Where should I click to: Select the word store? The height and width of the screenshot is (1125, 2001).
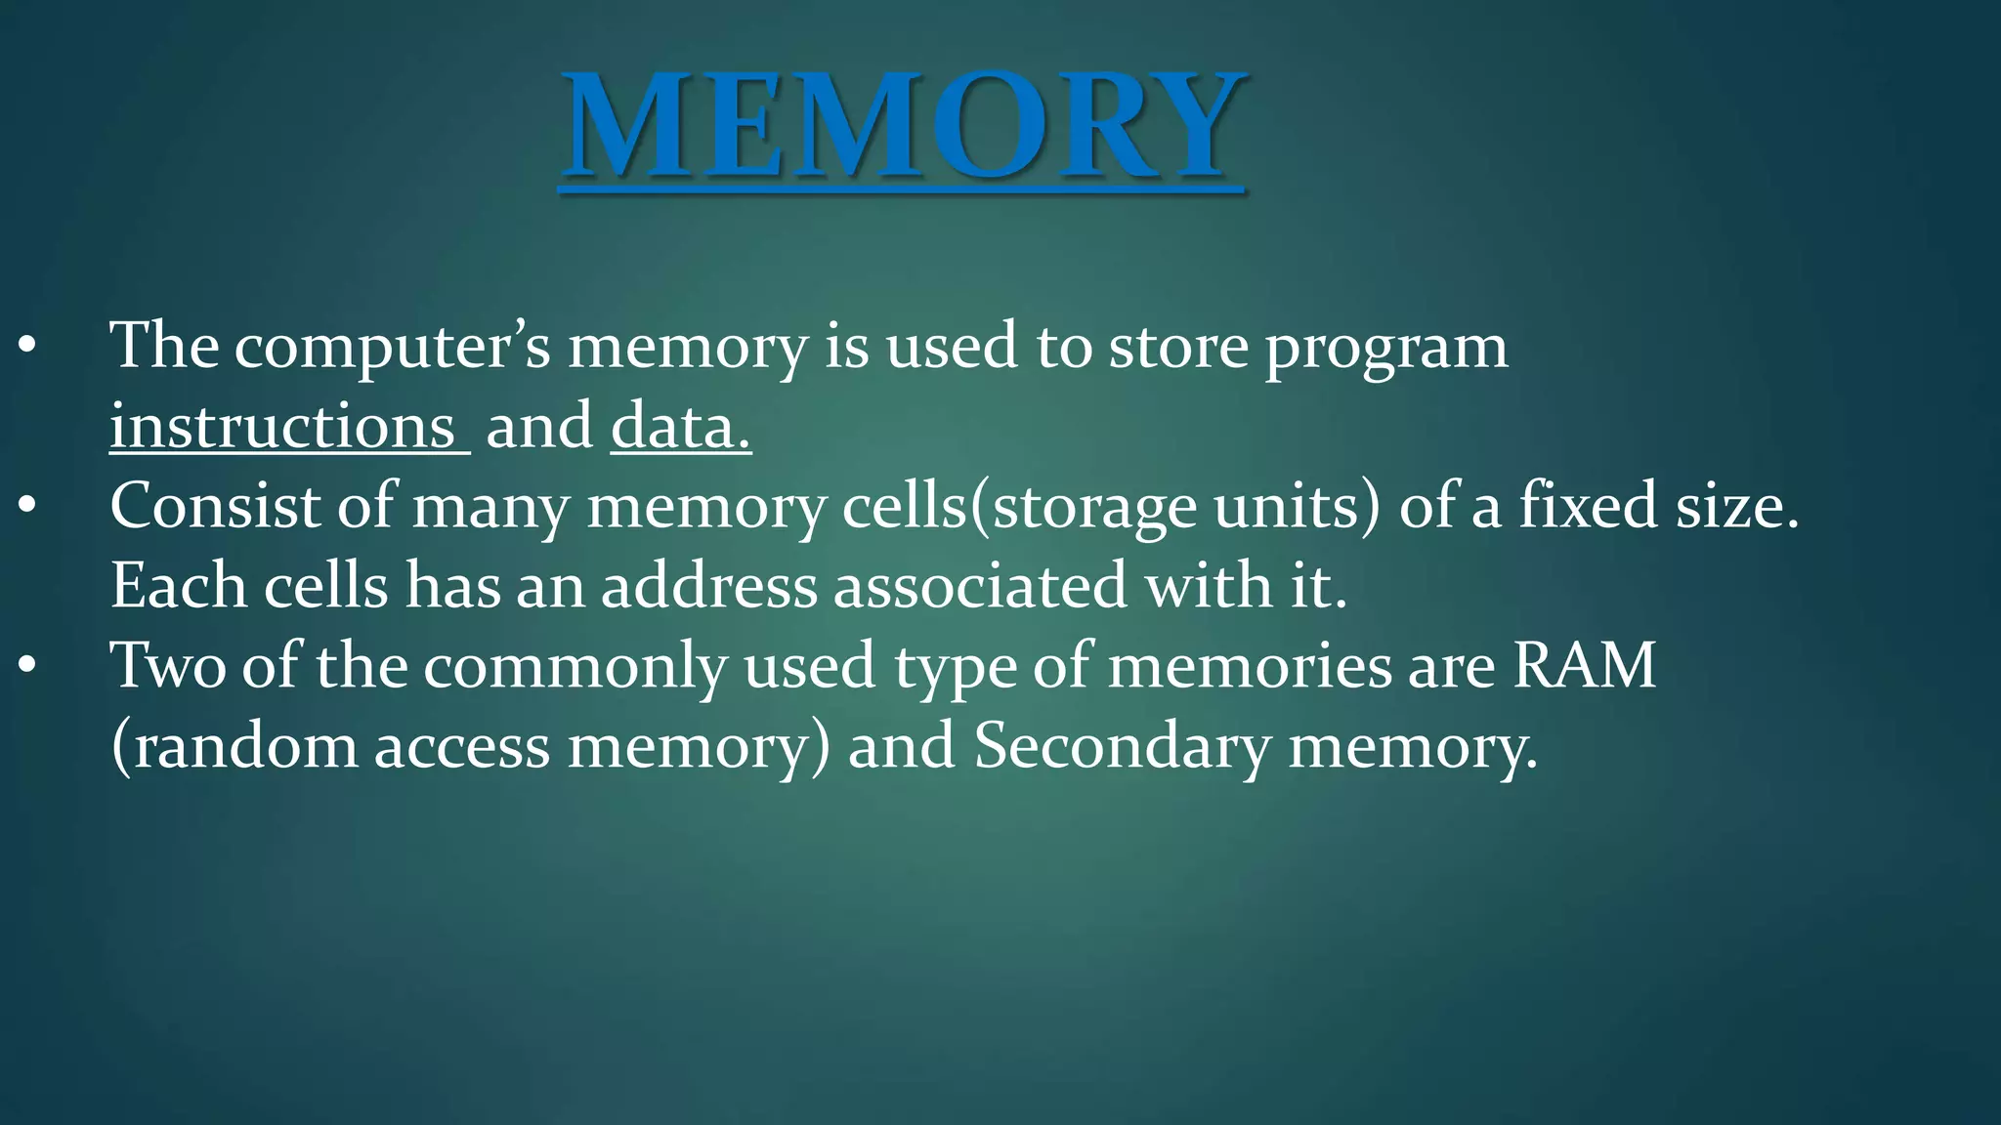click(1177, 347)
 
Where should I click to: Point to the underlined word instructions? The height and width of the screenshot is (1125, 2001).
click(282, 427)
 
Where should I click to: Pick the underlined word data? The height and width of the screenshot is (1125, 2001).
click(680, 427)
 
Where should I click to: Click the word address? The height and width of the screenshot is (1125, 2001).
click(708, 586)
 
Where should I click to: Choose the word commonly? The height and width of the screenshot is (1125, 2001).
click(575, 668)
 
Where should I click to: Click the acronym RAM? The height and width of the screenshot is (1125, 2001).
click(1585, 666)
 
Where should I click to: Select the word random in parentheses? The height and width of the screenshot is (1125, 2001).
click(244, 746)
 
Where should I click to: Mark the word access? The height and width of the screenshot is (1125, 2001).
click(462, 748)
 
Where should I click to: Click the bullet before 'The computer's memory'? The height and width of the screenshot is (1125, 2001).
click(26, 346)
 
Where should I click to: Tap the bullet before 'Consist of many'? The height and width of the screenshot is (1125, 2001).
click(26, 506)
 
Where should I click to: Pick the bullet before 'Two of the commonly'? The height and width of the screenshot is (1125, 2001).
click(26, 666)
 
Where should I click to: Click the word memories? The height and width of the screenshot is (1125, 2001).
click(1250, 666)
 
